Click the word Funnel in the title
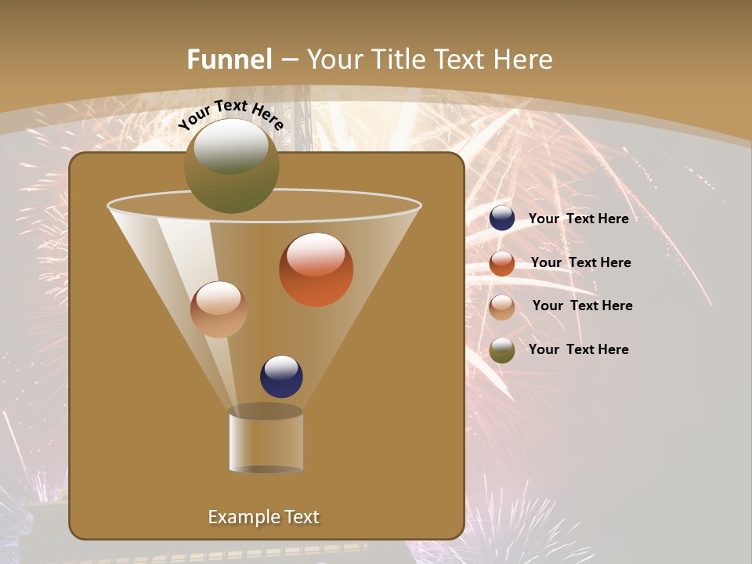click(230, 60)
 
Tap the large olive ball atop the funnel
click(231, 166)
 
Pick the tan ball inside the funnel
click(219, 309)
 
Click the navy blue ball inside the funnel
click(281, 377)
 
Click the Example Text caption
click(263, 517)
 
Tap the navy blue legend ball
click(502, 219)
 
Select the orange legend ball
click(502, 263)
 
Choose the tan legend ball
click(502, 307)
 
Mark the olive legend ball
click(502, 350)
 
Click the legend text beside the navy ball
click(578, 219)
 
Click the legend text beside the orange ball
click(580, 262)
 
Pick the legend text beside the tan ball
click(582, 305)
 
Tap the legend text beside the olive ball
click(578, 349)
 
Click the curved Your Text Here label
click(231, 114)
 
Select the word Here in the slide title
click(523, 60)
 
